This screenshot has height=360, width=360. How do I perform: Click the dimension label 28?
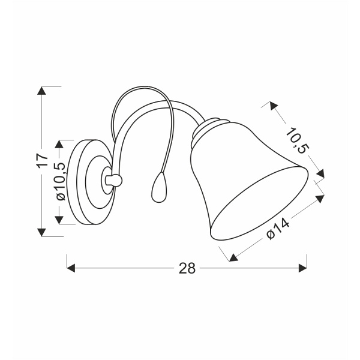tap(187, 268)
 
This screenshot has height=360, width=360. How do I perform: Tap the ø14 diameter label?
tap(278, 229)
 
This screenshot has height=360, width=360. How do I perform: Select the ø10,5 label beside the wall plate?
tap(61, 182)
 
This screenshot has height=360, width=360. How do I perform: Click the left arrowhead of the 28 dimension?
tap(71, 268)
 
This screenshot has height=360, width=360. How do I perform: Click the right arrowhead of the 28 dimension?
tap(303, 268)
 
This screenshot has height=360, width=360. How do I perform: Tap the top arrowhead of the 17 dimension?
tap(41, 91)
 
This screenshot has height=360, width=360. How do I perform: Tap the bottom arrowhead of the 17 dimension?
tap(41, 232)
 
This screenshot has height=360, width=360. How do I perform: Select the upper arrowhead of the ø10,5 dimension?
tap(59, 144)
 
